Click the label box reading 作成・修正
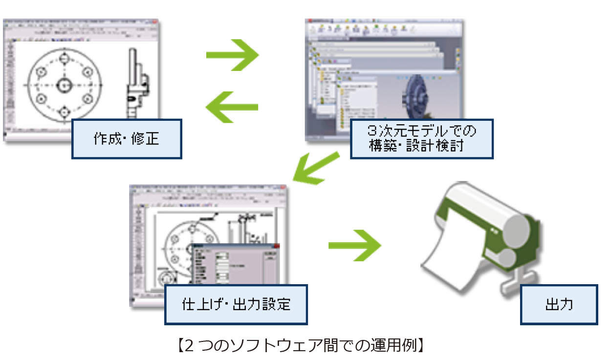point(127,139)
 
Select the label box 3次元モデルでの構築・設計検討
point(422,138)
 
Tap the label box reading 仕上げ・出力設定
point(236,304)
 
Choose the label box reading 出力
point(559,304)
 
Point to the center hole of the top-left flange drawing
point(64,84)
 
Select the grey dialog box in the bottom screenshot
point(235,267)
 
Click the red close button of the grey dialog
point(277,247)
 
